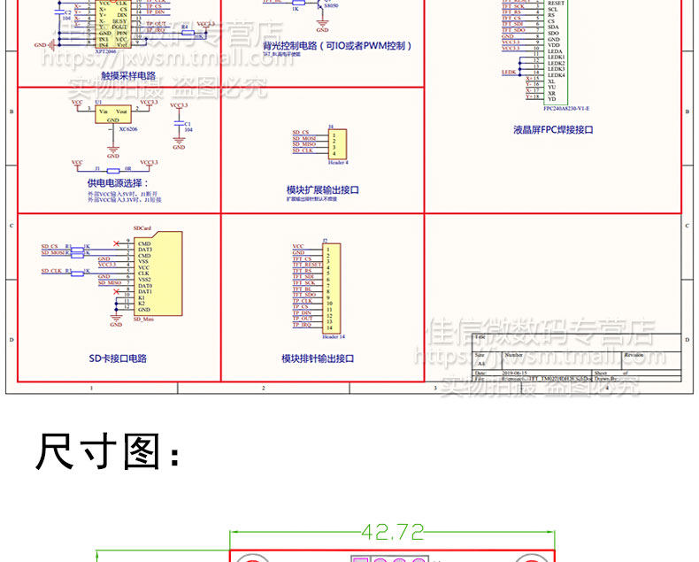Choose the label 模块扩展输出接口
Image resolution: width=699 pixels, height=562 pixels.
coord(322,189)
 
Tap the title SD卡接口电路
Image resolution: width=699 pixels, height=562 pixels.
coord(118,358)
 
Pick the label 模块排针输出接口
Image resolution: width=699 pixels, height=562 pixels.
coord(318,358)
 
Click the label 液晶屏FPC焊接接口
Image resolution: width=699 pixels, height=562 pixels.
coord(553,129)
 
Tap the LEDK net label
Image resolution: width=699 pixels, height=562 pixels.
coord(508,72)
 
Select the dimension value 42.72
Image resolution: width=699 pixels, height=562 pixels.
coord(392,532)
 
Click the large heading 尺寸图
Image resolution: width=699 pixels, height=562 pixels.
coord(106,451)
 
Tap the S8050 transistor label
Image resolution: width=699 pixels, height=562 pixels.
coord(331,5)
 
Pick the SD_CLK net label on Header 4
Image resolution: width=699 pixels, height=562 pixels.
coord(303,150)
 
